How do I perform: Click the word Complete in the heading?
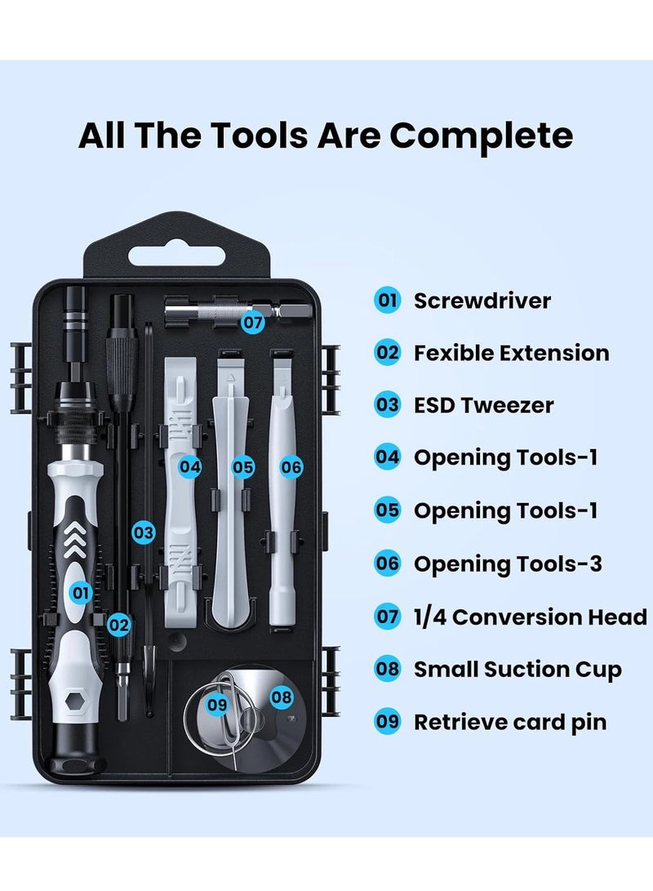[481, 136]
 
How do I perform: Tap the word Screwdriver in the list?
[482, 301]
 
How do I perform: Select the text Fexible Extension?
[511, 353]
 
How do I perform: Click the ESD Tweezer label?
[483, 405]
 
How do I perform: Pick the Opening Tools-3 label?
[508, 564]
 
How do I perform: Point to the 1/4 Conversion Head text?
[531, 617]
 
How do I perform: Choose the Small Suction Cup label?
[518, 670]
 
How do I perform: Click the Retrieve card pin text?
[510, 723]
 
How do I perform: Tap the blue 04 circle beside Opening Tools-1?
[387, 457]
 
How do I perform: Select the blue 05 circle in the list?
[387, 510]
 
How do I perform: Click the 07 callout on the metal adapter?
[253, 323]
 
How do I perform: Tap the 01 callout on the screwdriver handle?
[80, 592]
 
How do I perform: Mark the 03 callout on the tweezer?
[144, 533]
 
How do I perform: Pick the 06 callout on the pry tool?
[291, 467]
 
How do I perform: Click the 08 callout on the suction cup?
[281, 697]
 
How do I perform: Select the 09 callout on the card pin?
[216, 702]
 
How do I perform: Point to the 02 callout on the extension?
[119, 626]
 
